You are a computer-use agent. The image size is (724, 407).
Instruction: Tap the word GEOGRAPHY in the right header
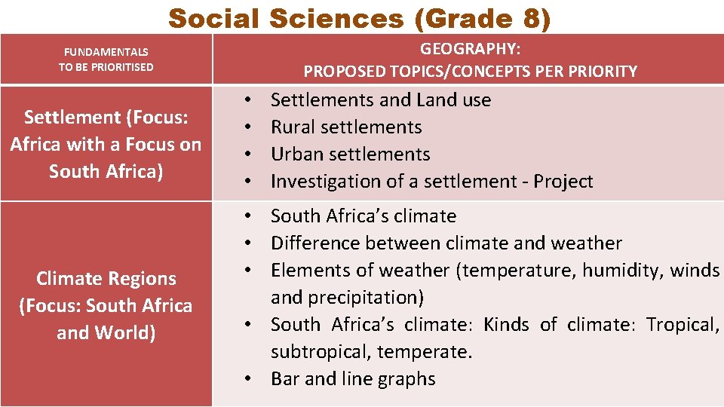coord(468,50)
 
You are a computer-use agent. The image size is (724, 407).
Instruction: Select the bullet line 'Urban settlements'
coord(350,155)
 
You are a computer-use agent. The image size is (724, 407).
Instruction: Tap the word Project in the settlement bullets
coord(563,182)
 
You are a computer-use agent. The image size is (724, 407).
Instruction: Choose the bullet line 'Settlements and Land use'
coord(381,100)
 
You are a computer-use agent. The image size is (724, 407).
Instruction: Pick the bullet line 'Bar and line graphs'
coord(353,379)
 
